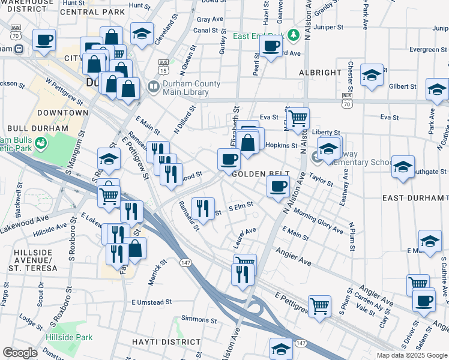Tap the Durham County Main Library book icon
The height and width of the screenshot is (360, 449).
click(x=153, y=88)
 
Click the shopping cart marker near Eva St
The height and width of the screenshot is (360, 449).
click(x=298, y=118)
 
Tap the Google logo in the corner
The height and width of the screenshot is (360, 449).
click(x=20, y=353)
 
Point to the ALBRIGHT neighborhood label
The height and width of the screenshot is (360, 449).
click(x=320, y=73)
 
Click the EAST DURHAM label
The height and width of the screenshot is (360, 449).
click(x=415, y=197)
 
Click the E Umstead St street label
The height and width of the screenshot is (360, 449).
click(x=152, y=302)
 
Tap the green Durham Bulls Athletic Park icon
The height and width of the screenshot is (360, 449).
click(x=41, y=143)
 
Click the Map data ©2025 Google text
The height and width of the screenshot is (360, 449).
click(x=411, y=355)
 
